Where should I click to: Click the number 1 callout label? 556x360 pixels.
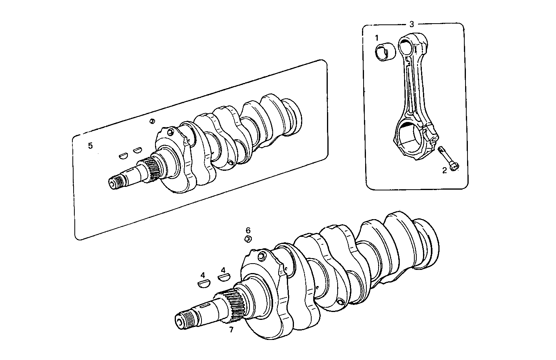(377, 38)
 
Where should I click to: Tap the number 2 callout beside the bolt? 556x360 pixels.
(444, 170)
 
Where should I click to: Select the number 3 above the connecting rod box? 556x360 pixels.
(412, 24)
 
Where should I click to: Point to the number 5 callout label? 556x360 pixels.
(90, 146)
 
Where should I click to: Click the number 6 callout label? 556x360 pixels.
(248, 230)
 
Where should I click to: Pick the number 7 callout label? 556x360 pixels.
(231, 330)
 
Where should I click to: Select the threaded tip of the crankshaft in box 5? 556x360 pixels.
(116, 182)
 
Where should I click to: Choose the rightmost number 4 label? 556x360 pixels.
(224, 270)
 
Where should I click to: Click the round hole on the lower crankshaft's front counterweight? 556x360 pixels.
(260, 257)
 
